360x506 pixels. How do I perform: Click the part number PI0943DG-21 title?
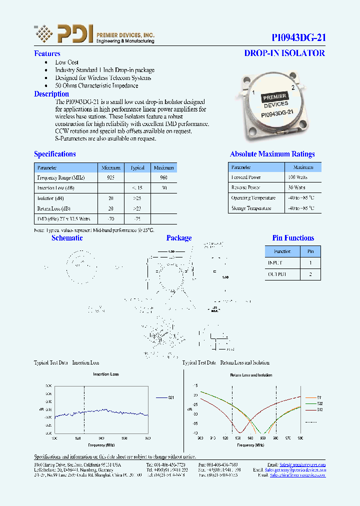tap(298, 37)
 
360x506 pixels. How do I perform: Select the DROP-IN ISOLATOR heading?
tap(284, 53)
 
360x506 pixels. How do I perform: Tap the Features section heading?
tap(47, 53)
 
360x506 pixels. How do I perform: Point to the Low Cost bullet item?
tap(67, 62)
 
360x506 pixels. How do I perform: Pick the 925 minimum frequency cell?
tap(111, 177)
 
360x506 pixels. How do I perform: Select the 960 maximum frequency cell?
tap(163, 177)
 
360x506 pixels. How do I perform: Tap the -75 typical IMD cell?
tap(137, 218)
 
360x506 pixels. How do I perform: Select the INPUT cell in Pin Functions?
tap(275, 262)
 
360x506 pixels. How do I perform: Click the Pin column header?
tap(310, 251)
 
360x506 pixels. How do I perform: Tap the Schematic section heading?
tap(67, 238)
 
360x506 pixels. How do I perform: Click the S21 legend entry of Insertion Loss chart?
tap(165, 397)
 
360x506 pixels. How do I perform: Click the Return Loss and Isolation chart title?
tap(250, 374)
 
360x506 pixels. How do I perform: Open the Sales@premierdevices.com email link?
tap(302, 464)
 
